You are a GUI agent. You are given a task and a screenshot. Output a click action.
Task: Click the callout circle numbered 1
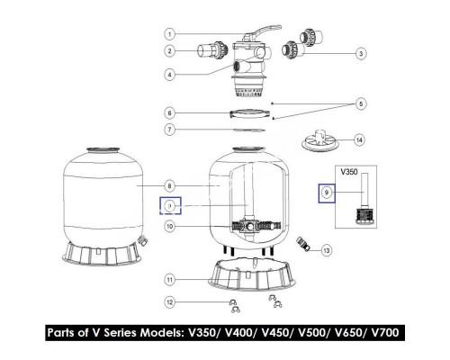[x=170, y=34]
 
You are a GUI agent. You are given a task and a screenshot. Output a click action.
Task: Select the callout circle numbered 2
[x=170, y=51]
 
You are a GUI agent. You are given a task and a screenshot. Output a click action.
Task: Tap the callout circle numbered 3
[x=361, y=54]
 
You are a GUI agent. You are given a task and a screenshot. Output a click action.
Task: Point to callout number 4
[x=170, y=75]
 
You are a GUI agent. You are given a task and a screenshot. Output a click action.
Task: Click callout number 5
[x=361, y=103]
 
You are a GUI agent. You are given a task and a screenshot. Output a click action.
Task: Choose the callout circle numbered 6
[x=170, y=113]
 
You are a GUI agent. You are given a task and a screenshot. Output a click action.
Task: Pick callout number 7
[x=170, y=130]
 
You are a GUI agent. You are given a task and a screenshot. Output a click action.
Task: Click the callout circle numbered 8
[x=170, y=186]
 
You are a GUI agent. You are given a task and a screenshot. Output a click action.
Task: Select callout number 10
[x=170, y=226]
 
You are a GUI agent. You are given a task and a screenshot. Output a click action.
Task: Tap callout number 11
[x=170, y=280]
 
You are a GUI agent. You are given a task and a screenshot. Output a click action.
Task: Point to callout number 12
[x=170, y=302]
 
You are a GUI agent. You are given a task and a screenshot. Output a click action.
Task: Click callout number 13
[x=327, y=250]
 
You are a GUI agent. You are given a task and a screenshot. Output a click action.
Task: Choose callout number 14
[x=359, y=140]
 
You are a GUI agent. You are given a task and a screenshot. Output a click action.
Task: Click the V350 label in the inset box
[x=349, y=172]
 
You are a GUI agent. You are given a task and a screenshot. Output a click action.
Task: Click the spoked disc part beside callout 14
[x=319, y=141]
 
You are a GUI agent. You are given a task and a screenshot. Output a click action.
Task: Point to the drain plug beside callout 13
[x=303, y=243]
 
